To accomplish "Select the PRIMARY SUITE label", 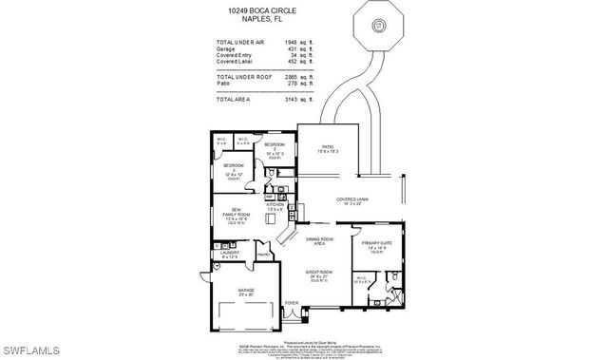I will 377,243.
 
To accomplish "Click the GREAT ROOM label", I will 317,272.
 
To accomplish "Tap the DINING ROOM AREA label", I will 319,241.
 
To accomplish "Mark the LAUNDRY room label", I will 229,254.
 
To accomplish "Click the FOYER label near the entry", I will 292,305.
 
